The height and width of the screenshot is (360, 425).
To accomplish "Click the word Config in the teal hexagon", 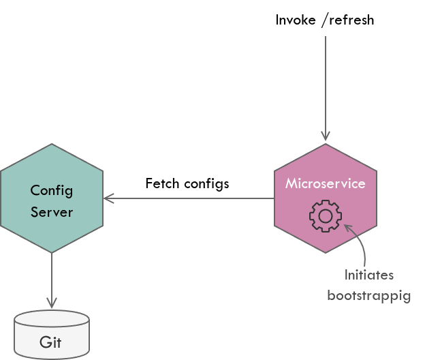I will click(x=52, y=190).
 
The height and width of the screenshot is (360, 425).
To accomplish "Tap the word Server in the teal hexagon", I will click(x=52, y=211).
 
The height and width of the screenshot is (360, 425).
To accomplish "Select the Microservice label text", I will click(x=325, y=183).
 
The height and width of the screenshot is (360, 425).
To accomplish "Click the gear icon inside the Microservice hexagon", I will click(x=325, y=216).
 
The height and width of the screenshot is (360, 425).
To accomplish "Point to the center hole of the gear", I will click(x=325, y=216).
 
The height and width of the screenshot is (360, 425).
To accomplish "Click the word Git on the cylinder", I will click(x=50, y=342).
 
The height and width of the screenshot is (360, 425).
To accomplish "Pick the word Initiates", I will click(x=368, y=275).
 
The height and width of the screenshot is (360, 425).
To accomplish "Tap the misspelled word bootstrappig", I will click(x=368, y=296).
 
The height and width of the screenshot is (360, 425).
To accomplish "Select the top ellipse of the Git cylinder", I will click(x=52, y=318).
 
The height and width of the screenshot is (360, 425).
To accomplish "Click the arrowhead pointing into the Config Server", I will click(x=107, y=198).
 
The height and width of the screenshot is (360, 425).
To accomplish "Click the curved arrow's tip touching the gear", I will click(x=347, y=226).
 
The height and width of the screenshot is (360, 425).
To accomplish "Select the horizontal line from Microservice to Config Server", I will click(x=191, y=198).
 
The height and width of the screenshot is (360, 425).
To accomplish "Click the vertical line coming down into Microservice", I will click(x=326, y=82).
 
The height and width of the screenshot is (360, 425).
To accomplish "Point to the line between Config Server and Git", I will click(x=52, y=276).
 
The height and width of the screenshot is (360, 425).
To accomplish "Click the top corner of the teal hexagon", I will click(x=52, y=144).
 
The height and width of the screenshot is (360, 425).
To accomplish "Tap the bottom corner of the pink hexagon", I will click(x=326, y=253).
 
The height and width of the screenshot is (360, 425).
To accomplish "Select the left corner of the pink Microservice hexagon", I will click(x=275, y=198).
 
